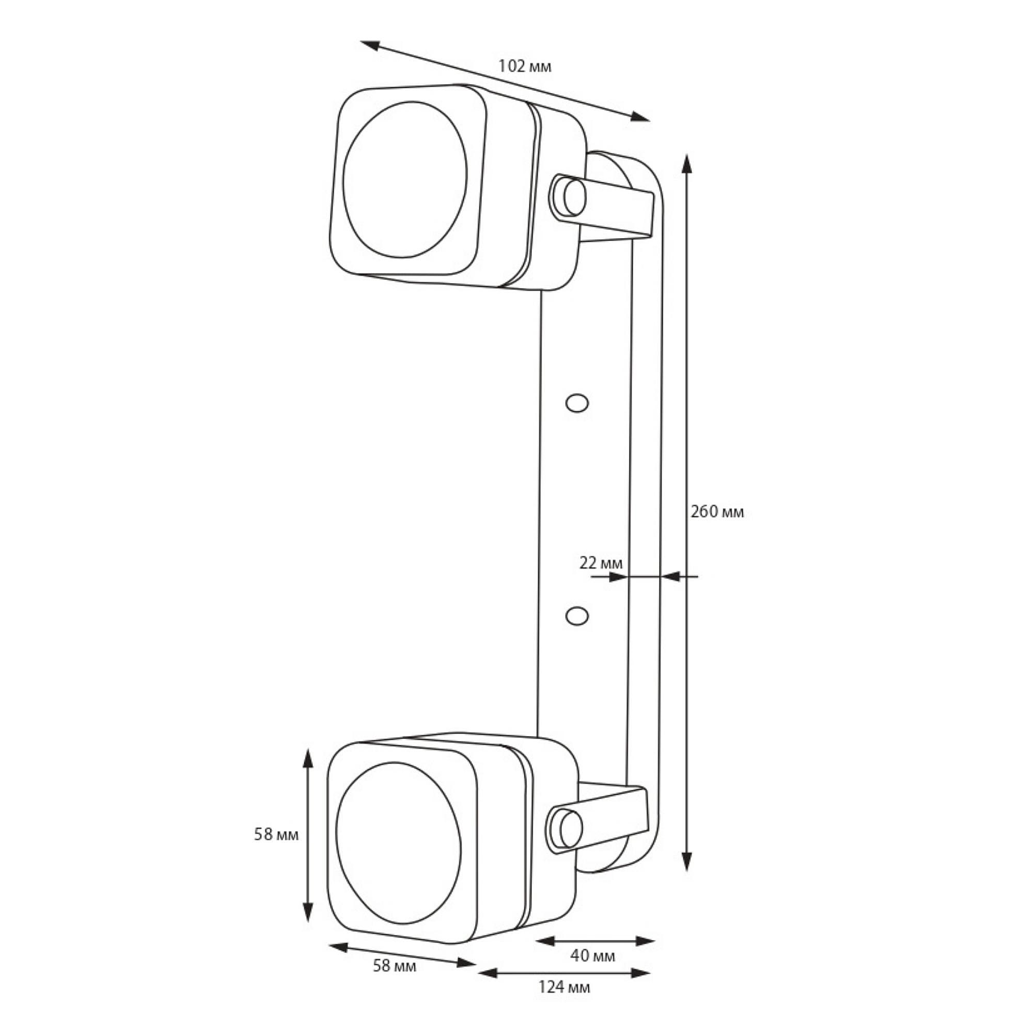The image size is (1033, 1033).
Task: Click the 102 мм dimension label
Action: (525, 66)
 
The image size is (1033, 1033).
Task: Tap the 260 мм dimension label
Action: (717, 512)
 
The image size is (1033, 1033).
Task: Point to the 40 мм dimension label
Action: (592, 956)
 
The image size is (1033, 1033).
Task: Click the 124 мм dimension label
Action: (564, 987)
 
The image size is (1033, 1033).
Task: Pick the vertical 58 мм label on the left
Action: (276, 834)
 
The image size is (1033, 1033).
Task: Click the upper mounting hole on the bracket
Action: (577, 403)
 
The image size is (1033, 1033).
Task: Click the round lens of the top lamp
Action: (405, 180)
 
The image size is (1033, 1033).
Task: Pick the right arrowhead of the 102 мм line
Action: (640, 117)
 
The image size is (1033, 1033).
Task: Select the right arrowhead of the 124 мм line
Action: (640, 973)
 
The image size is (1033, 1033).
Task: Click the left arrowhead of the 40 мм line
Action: (546, 941)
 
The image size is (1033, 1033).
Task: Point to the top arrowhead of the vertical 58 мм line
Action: (307, 759)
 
